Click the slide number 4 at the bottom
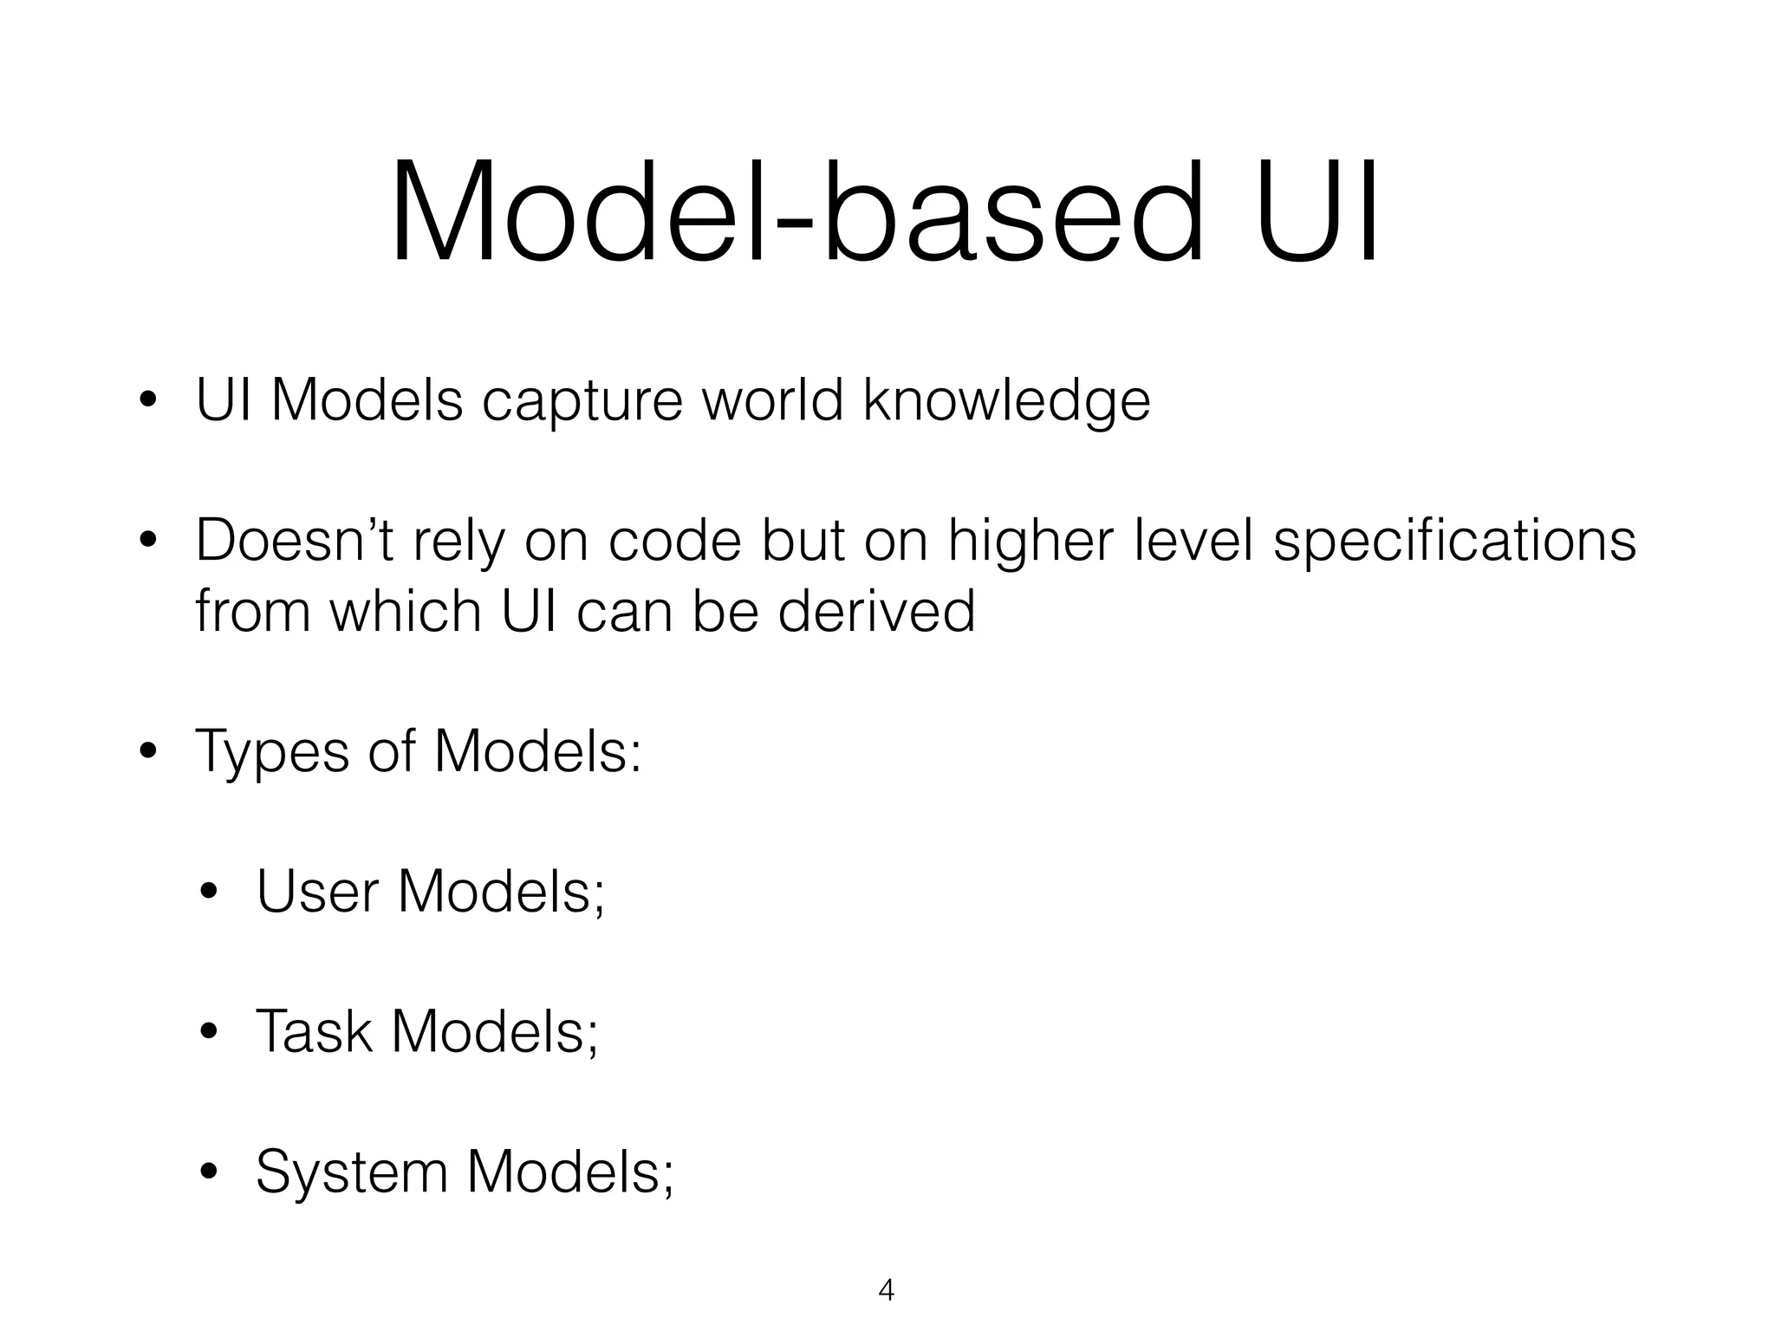886,1290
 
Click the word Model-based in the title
796,213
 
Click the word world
771,400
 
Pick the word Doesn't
295,541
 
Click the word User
318,893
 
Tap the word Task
314,1032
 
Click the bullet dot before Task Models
208,1033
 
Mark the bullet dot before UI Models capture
148,401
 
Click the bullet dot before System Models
208,1172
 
